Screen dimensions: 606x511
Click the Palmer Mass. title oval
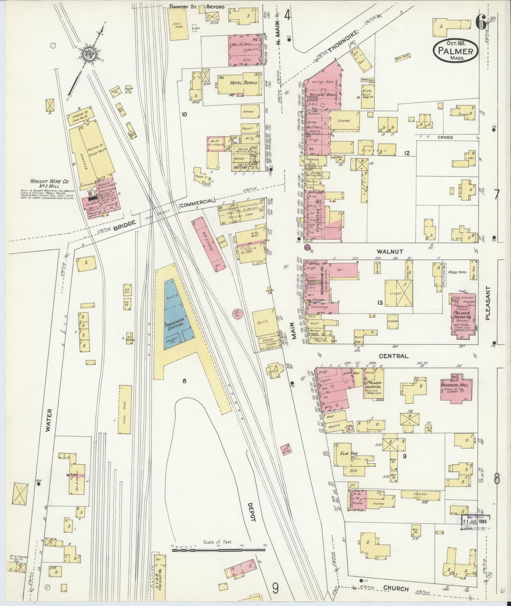(456, 51)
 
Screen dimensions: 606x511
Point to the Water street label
(49, 420)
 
